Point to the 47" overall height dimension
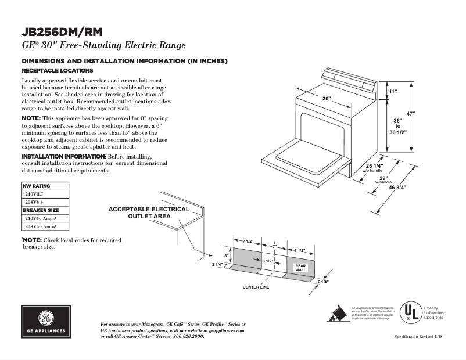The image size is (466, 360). tap(411, 114)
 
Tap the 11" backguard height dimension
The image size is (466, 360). tap(393, 92)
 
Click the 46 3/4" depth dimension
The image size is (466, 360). tap(397, 188)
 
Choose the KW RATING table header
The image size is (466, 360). tap(37, 186)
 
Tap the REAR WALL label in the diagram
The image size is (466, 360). tap(300, 268)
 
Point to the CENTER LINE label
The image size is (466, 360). tap(256, 287)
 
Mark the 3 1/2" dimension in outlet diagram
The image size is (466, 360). tap(267, 262)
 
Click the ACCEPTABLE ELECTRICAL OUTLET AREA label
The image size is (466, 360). tap(149, 213)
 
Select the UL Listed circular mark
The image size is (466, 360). tap(413, 312)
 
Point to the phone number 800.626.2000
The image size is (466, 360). tap(185, 336)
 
